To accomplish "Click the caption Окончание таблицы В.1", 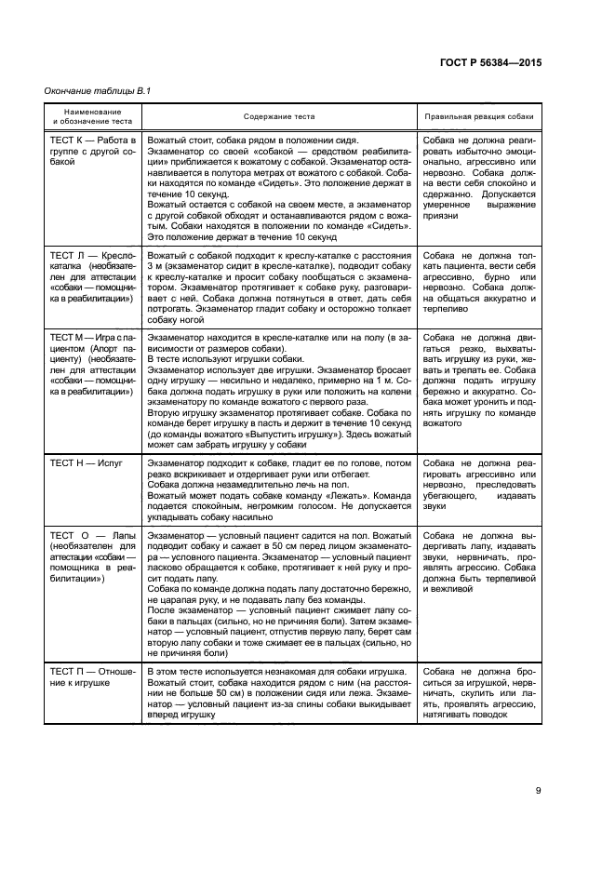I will tap(98, 90).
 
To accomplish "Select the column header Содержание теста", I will tap(279, 117).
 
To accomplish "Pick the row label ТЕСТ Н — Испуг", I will tap(92, 462).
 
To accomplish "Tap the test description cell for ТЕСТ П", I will tap(279, 693).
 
